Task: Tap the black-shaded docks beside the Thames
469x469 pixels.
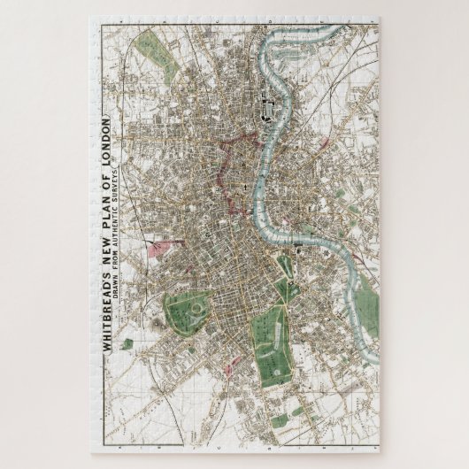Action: pyautogui.click(x=265, y=110)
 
